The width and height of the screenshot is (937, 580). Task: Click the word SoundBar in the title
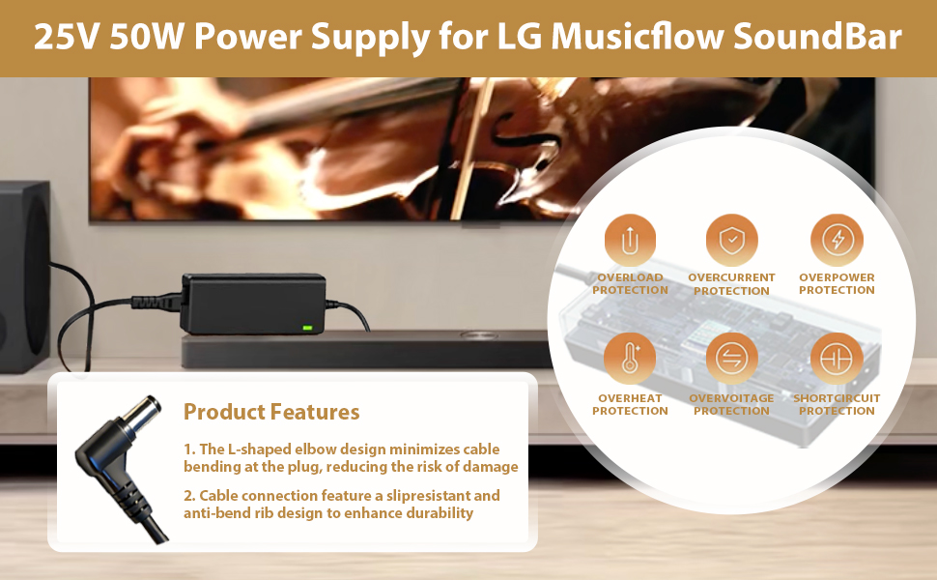pos(817,36)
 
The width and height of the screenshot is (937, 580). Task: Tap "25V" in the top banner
pos(65,36)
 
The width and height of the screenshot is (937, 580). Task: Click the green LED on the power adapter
pos(308,328)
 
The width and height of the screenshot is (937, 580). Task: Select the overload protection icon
pos(630,240)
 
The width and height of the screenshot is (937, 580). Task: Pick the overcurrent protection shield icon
pos(731,240)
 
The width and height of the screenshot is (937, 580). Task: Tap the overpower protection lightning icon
pos(837,240)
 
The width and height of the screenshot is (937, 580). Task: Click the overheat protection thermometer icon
pos(630,359)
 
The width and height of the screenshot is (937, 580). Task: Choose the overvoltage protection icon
pos(731,359)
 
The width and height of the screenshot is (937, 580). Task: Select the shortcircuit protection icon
pos(837,359)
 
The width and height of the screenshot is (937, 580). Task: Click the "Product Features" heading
pos(271,412)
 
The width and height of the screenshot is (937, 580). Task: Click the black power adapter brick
pos(253,304)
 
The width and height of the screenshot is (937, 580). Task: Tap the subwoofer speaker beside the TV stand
pos(24,276)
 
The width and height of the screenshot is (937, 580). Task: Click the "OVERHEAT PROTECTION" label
pos(630,404)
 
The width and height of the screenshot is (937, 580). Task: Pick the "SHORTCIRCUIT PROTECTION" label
pos(837,404)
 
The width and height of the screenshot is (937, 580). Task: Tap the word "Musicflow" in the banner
pos(637,36)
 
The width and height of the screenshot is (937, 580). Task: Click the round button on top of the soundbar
pos(478,336)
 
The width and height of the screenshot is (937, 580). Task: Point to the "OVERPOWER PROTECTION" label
pos(837,283)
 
